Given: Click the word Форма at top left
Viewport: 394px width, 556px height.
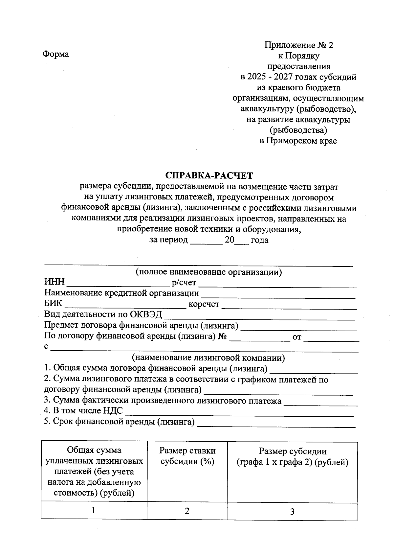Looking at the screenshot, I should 55,54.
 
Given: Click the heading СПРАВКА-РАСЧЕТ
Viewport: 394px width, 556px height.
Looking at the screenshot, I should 209,175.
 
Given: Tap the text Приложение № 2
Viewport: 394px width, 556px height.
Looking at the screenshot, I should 298,45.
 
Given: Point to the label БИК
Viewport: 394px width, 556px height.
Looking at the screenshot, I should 53,304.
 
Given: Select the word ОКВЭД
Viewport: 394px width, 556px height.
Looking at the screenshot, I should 146,314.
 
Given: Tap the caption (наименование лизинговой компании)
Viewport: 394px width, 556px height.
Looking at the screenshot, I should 208,358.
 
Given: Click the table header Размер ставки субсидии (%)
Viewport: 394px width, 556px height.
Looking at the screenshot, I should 187,456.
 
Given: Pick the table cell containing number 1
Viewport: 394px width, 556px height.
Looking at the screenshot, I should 94,510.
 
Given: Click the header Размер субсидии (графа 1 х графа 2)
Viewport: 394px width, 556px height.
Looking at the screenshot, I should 292,457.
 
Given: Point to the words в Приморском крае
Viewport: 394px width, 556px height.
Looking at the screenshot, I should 298,141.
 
